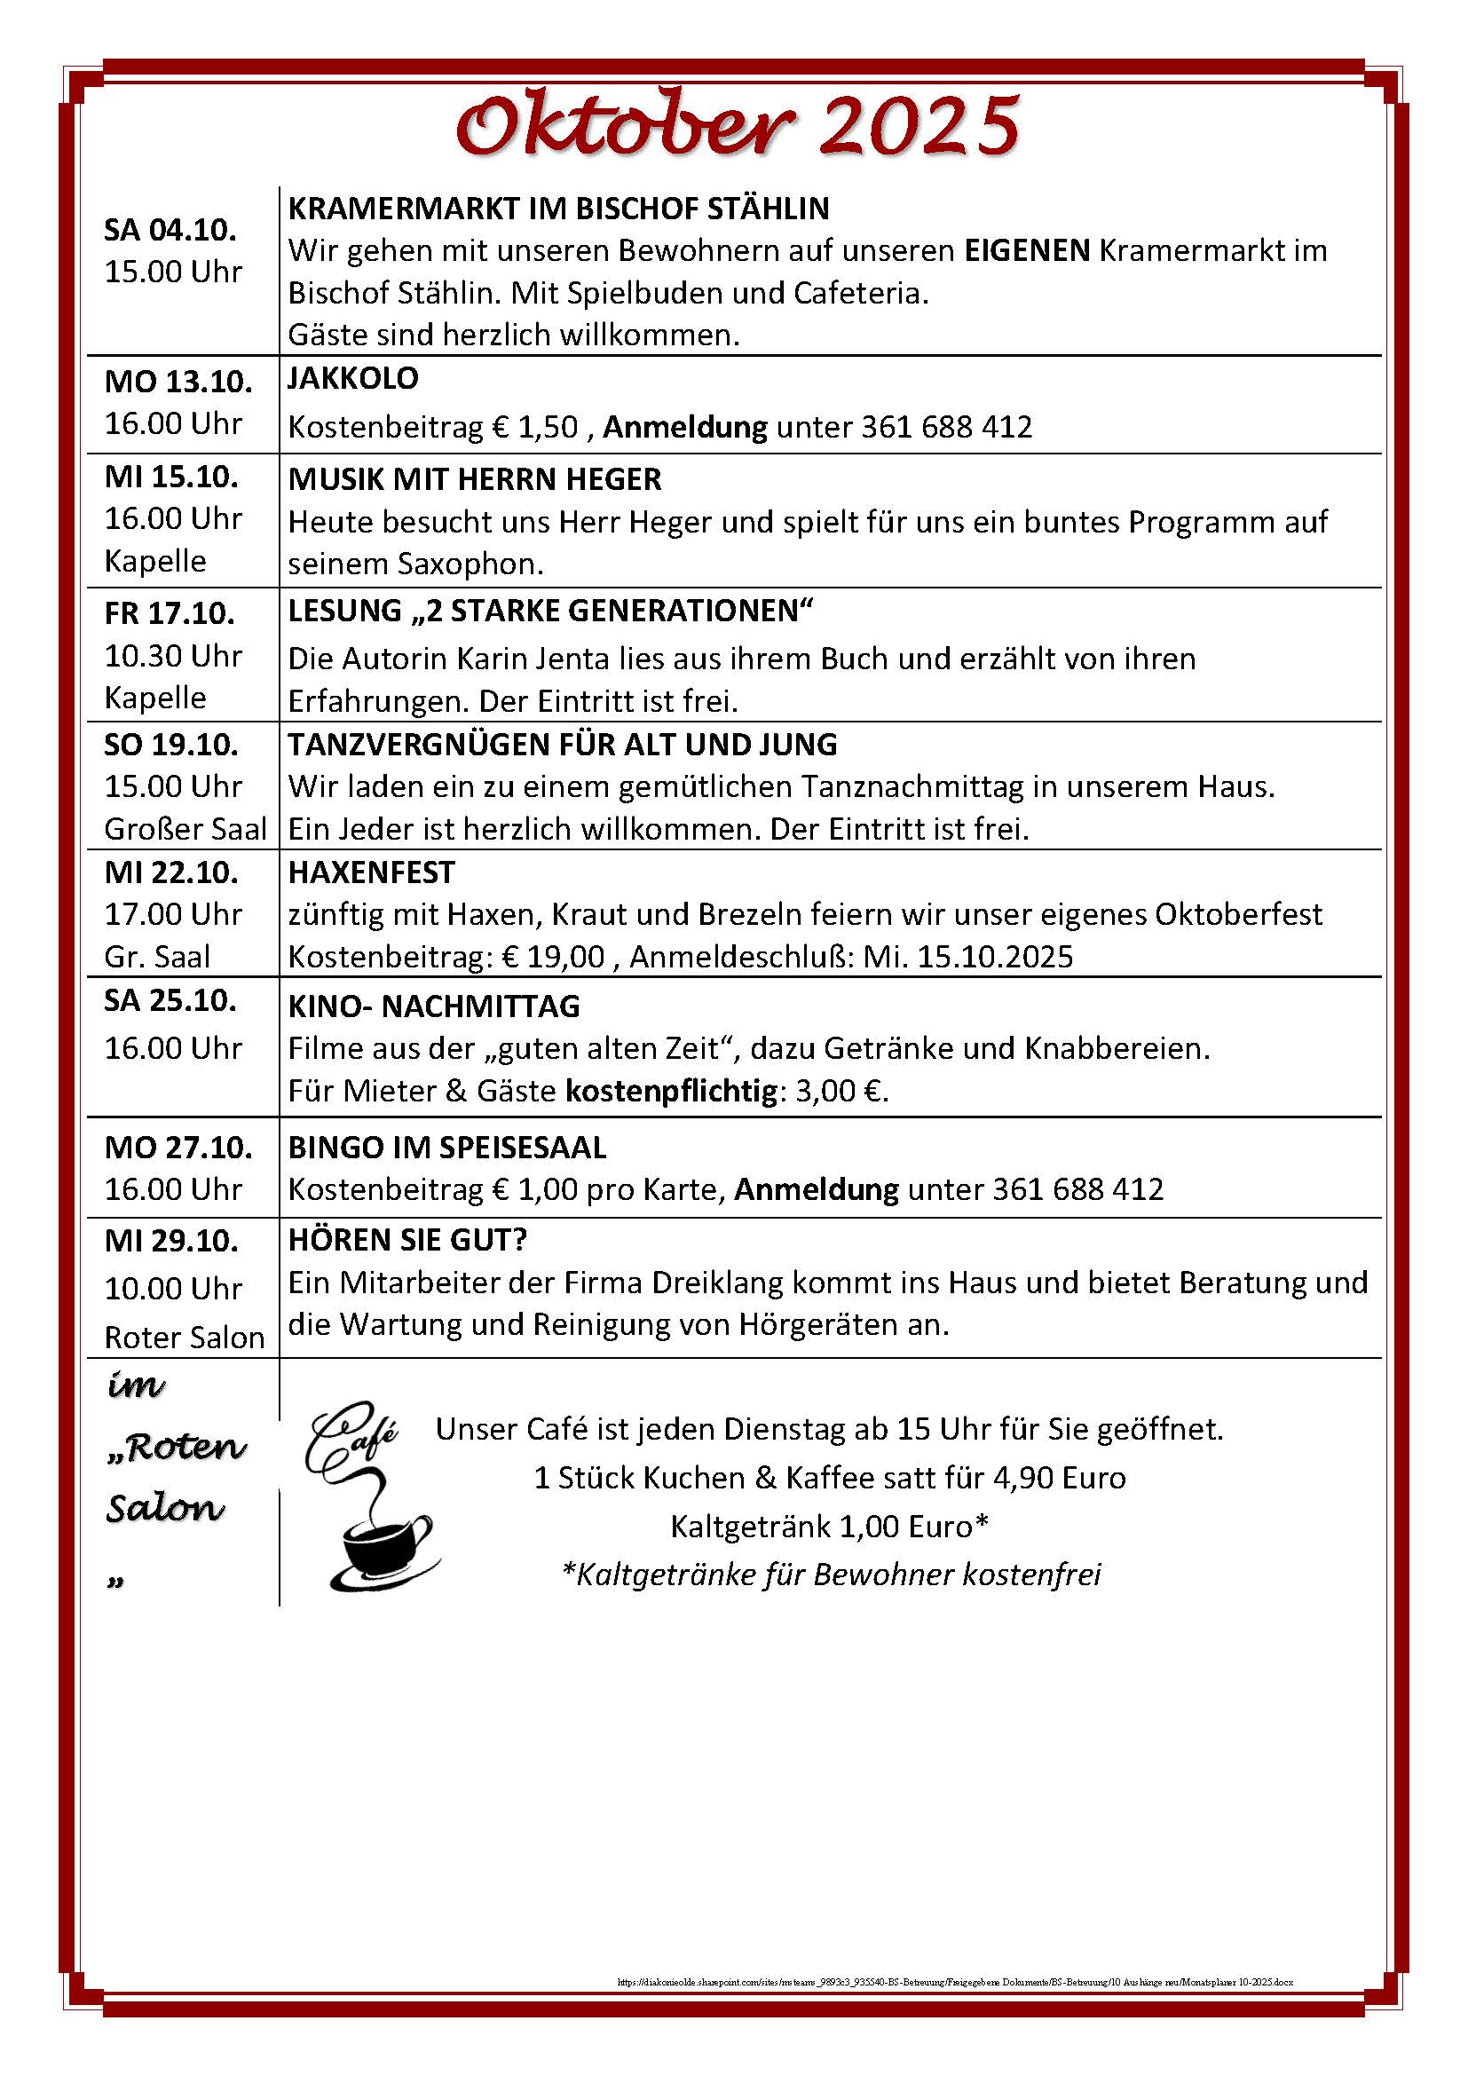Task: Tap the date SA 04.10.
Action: click(x=170, y=230)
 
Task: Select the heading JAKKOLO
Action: click(x=353, y=378)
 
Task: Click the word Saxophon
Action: click(x=470, y=564)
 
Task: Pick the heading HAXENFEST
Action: click(x=372, y=872)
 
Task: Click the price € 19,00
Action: click(x=553, y=957)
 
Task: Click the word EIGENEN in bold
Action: click(x=1027, y=250)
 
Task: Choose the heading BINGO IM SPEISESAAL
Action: click(x=447, y=1148)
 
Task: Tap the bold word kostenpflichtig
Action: click(x=672, y=1092)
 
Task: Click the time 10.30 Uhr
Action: click(x=174, y=656)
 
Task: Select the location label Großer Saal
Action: click(x=185, y=829)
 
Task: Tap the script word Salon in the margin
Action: click(x=165, y=1508)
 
